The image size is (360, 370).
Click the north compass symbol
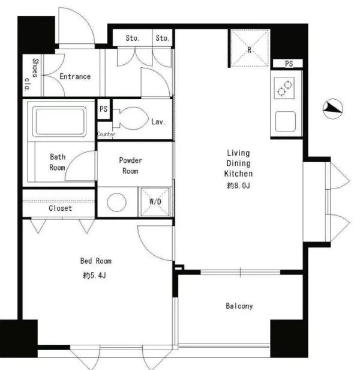[x=332, y=109]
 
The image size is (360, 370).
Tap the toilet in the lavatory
[x=130, y=118]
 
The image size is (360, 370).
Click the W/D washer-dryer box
[x=155, y=202]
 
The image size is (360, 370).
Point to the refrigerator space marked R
[x=250, y=48]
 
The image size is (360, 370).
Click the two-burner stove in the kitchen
[x=284, y=88]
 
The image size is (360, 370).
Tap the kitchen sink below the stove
[x=286, y=121]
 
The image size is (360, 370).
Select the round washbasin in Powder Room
[x=116, y=202]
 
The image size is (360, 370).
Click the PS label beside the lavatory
[x=103, y=109]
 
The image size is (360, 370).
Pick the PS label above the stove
[x=289, y=64]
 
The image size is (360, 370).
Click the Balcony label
[x=239, y=306]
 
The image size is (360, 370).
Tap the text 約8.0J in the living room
[x=238, y=186]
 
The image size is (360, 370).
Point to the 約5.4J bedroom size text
[x=94, y=275]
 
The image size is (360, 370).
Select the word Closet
[x=60, y=208]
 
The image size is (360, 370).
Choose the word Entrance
[x=75, y=76]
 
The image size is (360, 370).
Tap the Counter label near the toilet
[x=106, y=134]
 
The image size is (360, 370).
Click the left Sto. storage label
[x=132, y=38]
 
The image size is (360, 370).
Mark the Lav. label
[x=158, y=122]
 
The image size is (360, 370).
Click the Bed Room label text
[x=96, y=261]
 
